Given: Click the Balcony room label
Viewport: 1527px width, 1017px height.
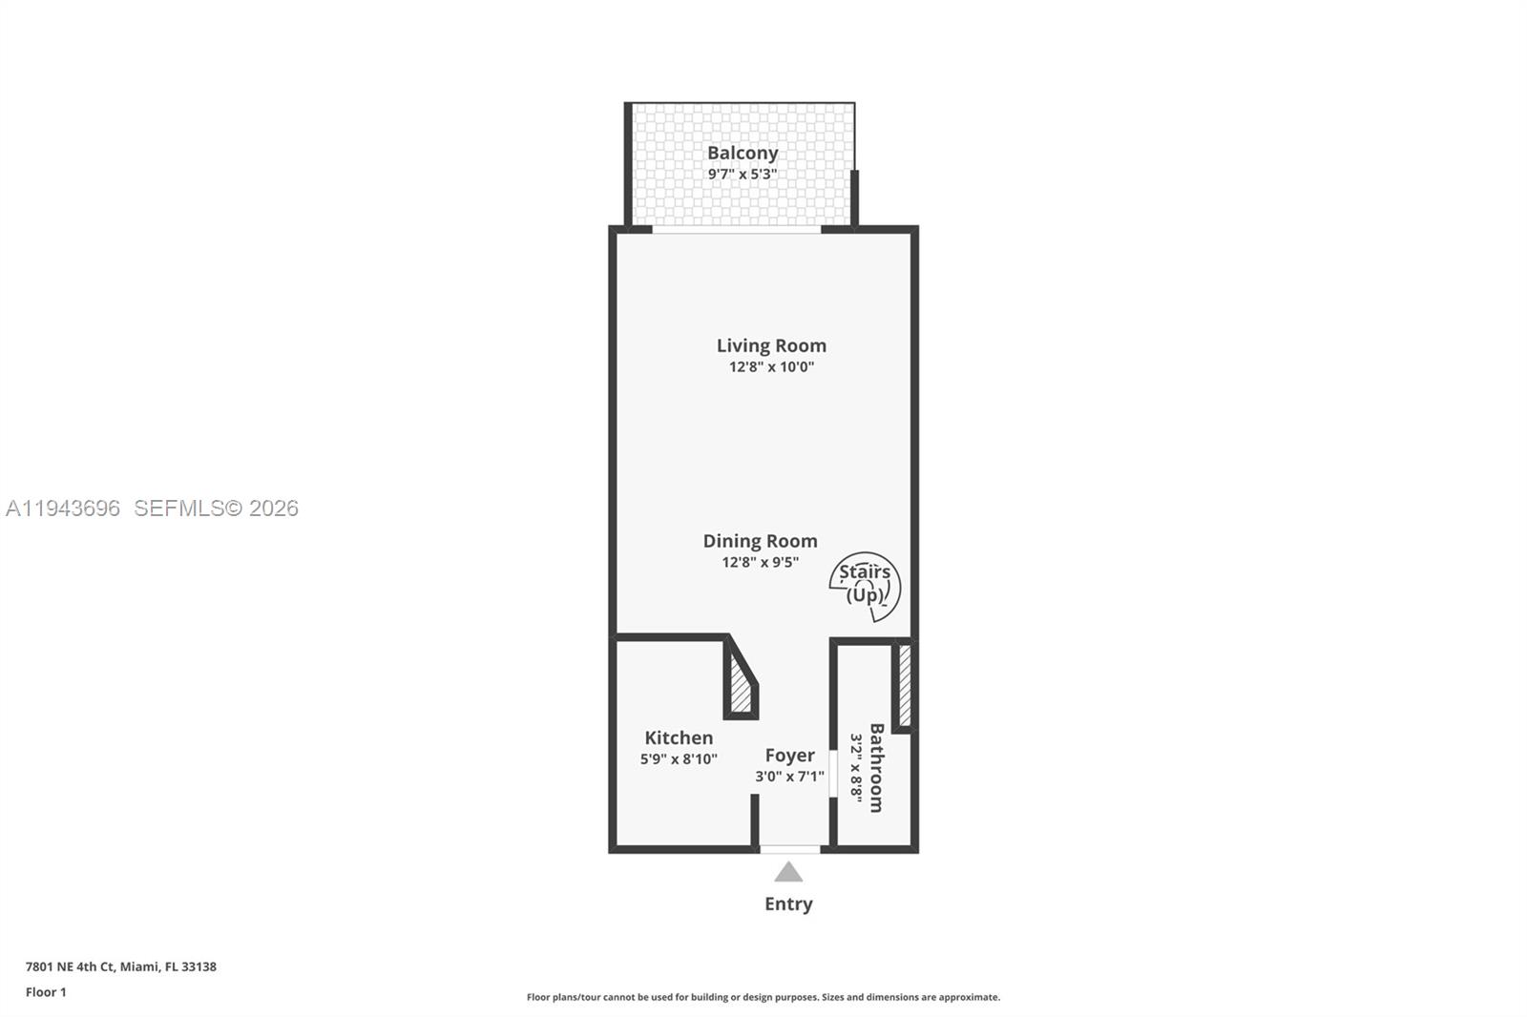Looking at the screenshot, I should [x=743, y=153].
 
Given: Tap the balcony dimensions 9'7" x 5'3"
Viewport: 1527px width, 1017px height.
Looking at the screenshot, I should [x=743, y=174].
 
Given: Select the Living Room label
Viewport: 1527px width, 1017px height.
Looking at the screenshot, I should [x=771, y=345].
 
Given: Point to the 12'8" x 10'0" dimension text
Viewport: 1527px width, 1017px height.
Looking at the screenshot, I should [x=771, y=366].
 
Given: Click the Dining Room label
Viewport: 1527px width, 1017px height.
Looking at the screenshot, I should [x=760, y=541].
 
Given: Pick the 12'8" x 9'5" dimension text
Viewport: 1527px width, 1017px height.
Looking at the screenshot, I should [x=760, y=562].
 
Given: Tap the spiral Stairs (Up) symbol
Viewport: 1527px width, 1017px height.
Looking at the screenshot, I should [x=865, y=585].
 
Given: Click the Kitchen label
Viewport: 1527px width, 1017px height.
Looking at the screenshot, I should [x=679, y=737].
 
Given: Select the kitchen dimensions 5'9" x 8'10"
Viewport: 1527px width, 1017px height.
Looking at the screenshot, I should [x=679, y=759].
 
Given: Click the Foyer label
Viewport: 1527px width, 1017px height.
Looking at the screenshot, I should [x=789, y=755].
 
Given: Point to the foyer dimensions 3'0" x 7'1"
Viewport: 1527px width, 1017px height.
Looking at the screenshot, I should [x=789, y=777].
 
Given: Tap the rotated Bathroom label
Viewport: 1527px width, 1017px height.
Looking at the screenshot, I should [x=876, y=768].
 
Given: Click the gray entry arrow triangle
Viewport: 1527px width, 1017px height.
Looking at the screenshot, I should [x=788, y=872].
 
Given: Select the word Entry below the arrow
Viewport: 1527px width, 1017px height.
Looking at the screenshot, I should [x=788, y=903].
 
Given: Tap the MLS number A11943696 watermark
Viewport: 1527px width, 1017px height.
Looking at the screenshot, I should [x=63, y=508].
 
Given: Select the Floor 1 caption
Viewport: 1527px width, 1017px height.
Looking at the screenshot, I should [x=46, y=992].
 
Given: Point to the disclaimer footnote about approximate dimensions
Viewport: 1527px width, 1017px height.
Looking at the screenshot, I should [x=763, y=997].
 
